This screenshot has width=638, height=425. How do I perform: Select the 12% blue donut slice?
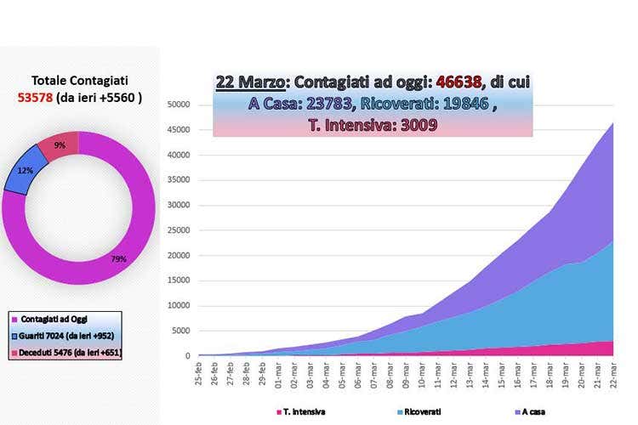point(21,171)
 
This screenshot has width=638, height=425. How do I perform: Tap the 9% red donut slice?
point(59,145)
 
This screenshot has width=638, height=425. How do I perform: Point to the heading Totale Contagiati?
point(80,81)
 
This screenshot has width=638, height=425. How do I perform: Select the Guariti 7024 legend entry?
point(65,335)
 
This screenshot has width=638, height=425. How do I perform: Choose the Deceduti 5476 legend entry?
point(65,351)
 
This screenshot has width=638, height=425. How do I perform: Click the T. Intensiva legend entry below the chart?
point(303,413)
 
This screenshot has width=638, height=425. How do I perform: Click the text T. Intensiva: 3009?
point(373,126)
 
